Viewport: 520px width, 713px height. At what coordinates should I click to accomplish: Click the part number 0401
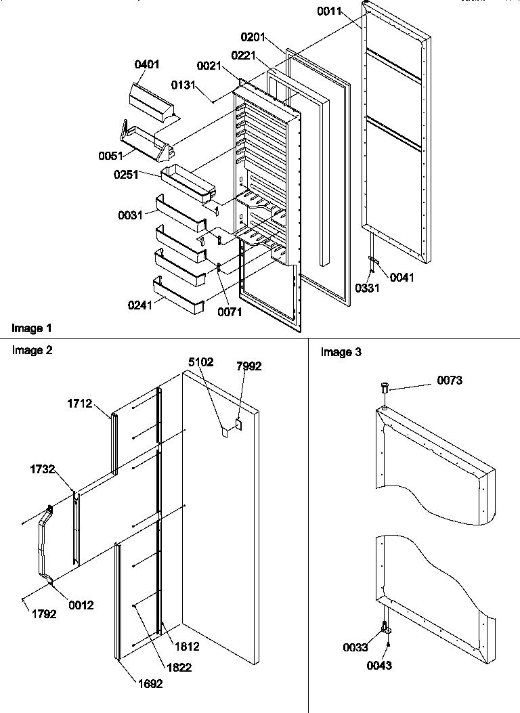click(x=147, y=65)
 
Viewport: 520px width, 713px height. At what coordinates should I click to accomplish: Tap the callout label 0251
click(x=126, y=175)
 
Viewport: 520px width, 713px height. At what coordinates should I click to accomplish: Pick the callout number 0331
click(x=367, y=288)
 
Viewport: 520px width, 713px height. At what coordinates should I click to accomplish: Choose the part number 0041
click(x=402, y=277)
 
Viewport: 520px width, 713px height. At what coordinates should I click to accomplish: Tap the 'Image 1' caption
click(x=31, y=328)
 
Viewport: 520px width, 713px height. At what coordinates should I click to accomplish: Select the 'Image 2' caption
click(x=32, y=350)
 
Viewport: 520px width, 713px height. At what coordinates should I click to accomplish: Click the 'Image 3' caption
click(x=341, y=352)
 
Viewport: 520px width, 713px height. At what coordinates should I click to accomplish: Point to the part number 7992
click(x=248, y=366)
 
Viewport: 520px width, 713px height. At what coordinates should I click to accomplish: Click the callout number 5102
click(x=200, y=362)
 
